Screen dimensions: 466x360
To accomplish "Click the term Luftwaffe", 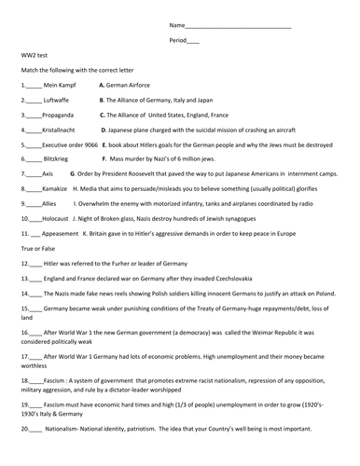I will pos(56,100).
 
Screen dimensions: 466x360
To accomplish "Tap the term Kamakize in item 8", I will pos(54,188).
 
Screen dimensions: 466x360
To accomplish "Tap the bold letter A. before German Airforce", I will pos(101,85).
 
